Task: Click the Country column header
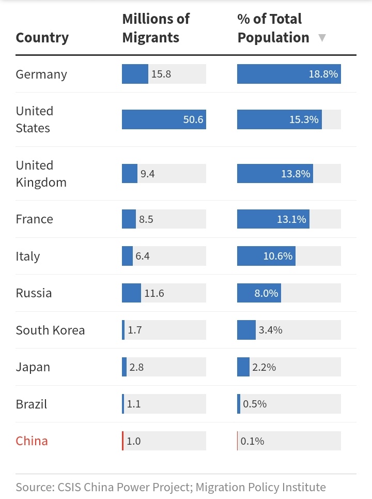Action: tap(42, 38)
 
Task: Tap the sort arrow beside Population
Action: tap(322, 38)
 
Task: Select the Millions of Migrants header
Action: tap(156, 28)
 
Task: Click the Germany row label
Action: tap(41, 74)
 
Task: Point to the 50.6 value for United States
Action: tap(193, 120)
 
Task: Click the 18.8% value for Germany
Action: tap(323, 74)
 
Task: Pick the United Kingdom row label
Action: tap(41, 174)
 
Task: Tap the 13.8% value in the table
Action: tap(296, 174)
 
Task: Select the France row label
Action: tap(34, 219)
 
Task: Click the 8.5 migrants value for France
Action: tap(146, 219)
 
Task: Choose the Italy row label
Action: tap(27, 256)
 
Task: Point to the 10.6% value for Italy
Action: tap(278, 256)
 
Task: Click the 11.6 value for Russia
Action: tap(154, 293)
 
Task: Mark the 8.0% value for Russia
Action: tap(266, 293)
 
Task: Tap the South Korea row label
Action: tap(50, 330)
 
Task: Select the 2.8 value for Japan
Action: tap(136, 367)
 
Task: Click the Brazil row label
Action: tap(31, 404)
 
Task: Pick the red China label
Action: tap(32, 441)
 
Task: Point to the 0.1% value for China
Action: tap(252, 441)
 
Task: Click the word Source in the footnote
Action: tap(33, 487)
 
